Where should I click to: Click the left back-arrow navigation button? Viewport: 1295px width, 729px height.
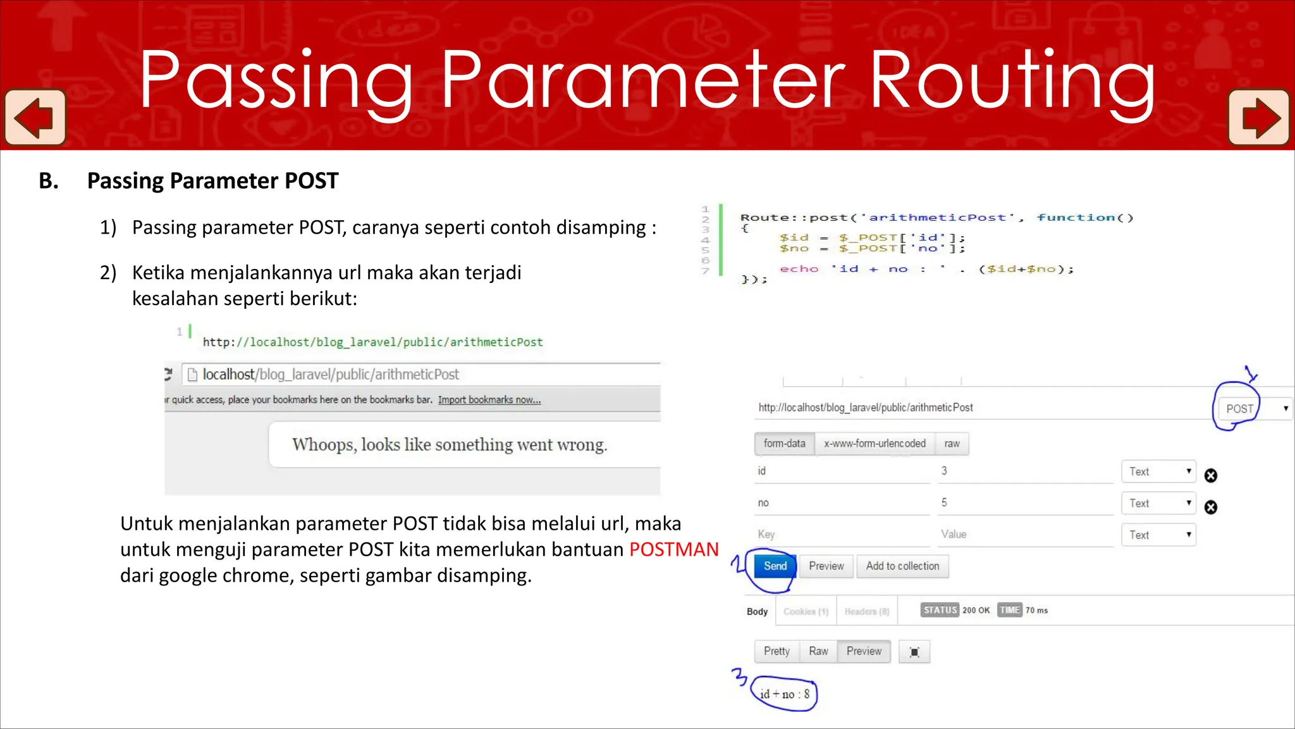pos(35,118)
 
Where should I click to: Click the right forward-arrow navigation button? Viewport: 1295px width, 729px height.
pos(1258,118)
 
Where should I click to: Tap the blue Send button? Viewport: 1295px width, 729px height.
pos(775,566)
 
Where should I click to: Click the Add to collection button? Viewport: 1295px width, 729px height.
pos(902,566)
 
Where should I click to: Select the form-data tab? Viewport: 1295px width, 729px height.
pos(784,444)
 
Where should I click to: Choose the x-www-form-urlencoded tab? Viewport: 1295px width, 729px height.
pos(875,444)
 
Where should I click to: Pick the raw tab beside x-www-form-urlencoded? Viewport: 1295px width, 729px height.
pos(952,444)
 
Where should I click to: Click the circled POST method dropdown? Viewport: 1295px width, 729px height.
pos(1239,409)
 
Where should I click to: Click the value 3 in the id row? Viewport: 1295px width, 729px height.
pos(944,471)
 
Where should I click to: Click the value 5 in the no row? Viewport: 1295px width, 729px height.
pos(944,502)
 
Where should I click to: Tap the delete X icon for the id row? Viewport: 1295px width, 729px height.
pos(1211,476)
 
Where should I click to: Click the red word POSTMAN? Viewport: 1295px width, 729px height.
pos(674,549)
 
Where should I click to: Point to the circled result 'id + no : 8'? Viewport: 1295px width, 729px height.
pos(785,694)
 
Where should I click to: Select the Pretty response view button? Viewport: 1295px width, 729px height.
pos(776,651)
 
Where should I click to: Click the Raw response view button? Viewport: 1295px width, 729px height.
pos(818,651)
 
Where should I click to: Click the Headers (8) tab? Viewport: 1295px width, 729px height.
pos(867,611)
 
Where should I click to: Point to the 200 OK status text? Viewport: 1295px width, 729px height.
pos(976,611)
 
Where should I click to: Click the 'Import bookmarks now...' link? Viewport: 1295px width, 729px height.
pos(489,400)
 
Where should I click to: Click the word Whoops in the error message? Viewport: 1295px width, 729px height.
pos(323,445)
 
